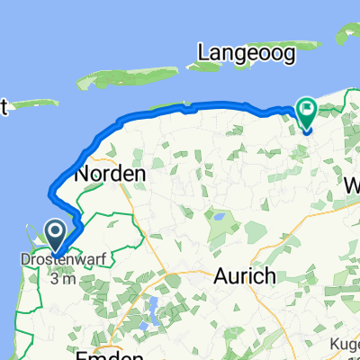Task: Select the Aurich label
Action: point(243,277)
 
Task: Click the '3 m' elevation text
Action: point(63,280)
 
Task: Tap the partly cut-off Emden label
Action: point(110,355)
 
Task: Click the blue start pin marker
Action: point(56,237)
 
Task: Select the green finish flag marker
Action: point(308,112)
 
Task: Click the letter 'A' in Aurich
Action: point(220,277)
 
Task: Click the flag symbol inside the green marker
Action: point(308,111)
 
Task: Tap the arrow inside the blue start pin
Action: point(56,235)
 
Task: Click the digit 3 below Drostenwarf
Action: point(56,280)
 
